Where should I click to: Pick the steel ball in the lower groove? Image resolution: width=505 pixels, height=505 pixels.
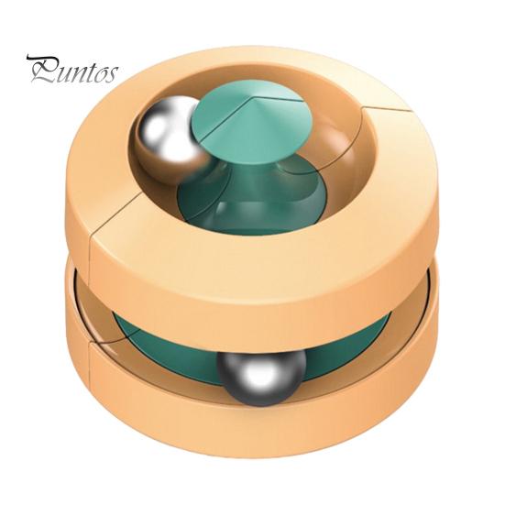[261, 377]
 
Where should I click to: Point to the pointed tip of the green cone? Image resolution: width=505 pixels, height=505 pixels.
[248, 97]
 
